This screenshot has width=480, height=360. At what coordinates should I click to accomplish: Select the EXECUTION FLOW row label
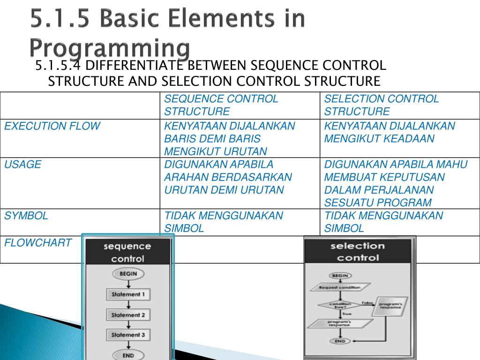pyautogui.click(x=52, y=126)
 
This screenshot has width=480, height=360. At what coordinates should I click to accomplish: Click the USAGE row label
pyautogui.click(x=23, y=165)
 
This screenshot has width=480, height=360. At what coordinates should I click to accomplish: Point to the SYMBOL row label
pyautogui.click(x=26, y=216)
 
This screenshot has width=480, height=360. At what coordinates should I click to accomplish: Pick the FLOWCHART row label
pyautogui.click(x=38, y=242)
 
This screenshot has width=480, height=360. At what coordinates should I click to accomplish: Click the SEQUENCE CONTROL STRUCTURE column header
pyautogui.click(x=221, y=105)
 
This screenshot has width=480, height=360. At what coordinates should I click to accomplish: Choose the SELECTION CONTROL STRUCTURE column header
pyautogui.click(x=381, y=105)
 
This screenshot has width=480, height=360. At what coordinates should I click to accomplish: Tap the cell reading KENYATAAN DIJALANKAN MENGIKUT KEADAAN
pyautogui.click(x=389, y=132)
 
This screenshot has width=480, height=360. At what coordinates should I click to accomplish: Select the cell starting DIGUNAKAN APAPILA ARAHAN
pyautogui.click(x=228, y=177)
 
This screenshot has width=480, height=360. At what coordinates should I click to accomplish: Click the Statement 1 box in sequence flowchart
pyautogui.click(x=128, y=294)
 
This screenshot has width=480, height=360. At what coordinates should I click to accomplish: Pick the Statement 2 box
pyautogui.click(x=128, y=315)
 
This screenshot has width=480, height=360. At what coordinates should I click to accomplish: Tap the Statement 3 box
pyautogui.click(x=128, y=335)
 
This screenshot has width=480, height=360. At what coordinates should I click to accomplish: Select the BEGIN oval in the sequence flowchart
pyautogui.click(x=128, y=274)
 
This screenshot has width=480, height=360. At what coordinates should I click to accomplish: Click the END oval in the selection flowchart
pyautogui.click(x=340, y=341)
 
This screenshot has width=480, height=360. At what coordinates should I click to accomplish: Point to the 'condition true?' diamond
pyautogui.click(x=340, y=305)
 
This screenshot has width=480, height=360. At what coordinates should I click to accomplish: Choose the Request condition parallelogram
pyautogui.click(x=340, y=287)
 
